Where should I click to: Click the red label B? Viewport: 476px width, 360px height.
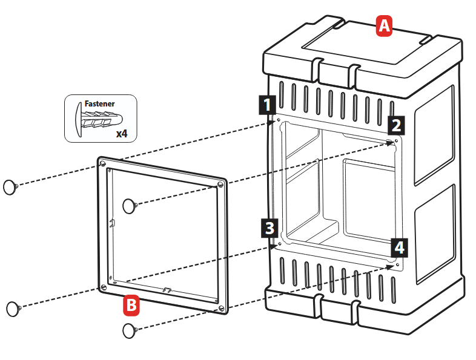coord(131,305)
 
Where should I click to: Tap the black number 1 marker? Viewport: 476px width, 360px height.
coord(266,105)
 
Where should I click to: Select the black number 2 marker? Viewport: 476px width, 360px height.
coord(396,125)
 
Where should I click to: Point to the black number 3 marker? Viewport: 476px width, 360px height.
coord(269,228)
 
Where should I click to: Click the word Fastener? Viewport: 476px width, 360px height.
coord(99,104)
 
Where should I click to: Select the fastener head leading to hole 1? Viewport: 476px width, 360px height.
coord(10,187)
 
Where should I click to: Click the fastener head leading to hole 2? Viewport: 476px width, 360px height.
coord(130,206)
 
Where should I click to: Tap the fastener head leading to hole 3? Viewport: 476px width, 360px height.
coord(13,308)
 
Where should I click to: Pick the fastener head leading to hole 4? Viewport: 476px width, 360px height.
coord(128,330)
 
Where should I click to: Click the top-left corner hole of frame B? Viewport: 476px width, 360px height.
coord(103,163)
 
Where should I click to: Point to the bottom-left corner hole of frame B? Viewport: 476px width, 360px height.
coord(103,286)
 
